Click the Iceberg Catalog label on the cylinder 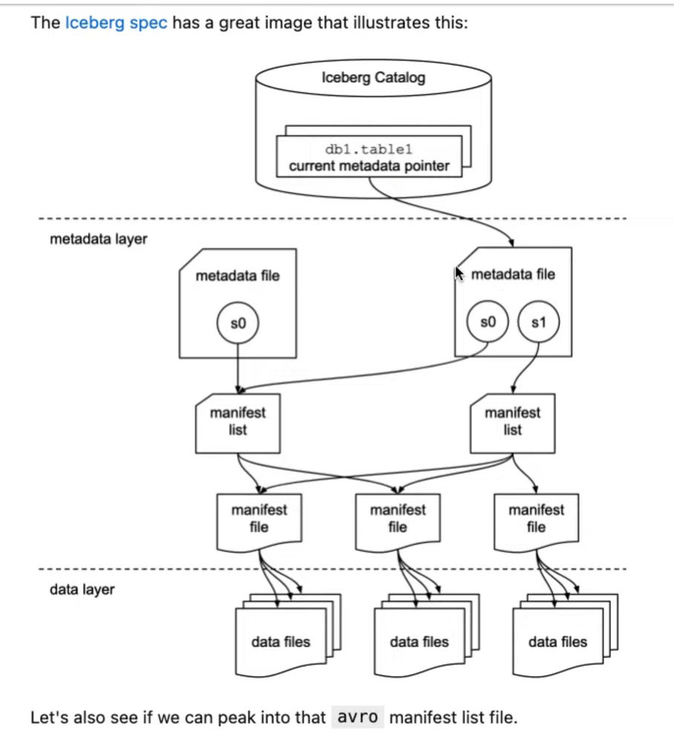(373, 77)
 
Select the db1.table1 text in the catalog (369, 149)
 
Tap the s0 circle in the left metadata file (238, 323)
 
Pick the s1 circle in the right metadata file (539, 323)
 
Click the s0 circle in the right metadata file (487, 323)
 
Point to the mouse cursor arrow (459, 275)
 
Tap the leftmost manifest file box (259, 519)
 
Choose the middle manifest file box (398, 519)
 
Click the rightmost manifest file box (536, 519)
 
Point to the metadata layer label (98, 240)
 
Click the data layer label (82, 590)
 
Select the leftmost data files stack (281, 642)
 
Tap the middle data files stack (419, 642)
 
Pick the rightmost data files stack (557, 642)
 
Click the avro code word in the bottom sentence (357, 718)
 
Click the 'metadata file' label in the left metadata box (238, 276)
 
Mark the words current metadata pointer (369, 166)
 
